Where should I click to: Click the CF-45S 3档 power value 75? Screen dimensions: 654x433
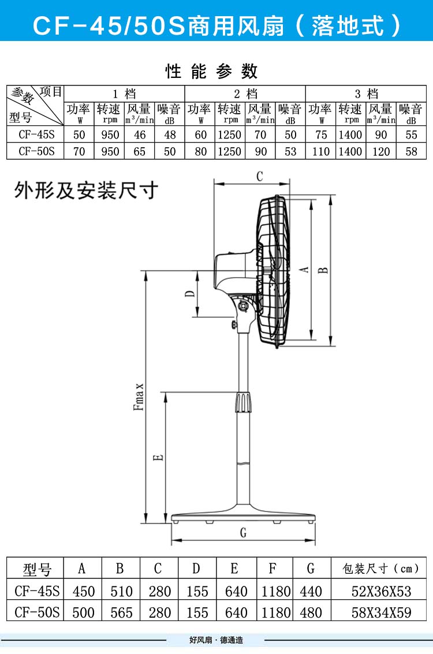(321, 135)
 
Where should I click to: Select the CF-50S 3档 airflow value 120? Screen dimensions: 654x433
(380, 151)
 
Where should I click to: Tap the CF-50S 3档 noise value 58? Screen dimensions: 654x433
(411, 151)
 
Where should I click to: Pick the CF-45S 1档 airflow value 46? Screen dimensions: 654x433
(139, 135)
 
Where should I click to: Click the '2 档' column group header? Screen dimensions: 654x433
(245, 94)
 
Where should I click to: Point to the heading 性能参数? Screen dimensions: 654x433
(211, 71)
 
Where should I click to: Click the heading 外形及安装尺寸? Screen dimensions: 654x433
(86, 190)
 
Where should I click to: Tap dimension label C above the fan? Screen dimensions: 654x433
(259, 176)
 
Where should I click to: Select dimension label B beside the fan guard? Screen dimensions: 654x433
(324, 269)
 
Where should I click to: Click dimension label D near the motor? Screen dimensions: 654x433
(190, 294)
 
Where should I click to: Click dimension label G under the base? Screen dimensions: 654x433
(243, 532)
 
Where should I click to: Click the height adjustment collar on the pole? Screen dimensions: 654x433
(243, 402)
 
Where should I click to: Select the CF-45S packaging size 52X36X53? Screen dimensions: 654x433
(381, 591)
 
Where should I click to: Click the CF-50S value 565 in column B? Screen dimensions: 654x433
(121, 612)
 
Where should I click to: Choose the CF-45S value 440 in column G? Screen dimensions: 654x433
(311, 591)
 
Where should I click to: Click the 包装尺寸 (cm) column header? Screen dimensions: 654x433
(381, 569)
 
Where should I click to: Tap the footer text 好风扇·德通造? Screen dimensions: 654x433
(216, 640)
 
